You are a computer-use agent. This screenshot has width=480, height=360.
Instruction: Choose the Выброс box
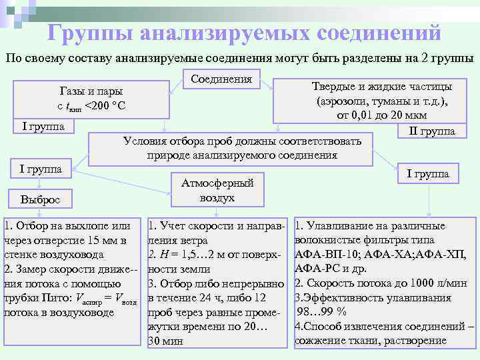[x=40, y=199]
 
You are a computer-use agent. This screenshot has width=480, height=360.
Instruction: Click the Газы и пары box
[x=91, y=99]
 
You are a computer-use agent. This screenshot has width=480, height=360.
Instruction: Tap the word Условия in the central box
[x=147, y=141]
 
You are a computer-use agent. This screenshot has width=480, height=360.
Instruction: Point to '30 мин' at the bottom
[x=165, y=341]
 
